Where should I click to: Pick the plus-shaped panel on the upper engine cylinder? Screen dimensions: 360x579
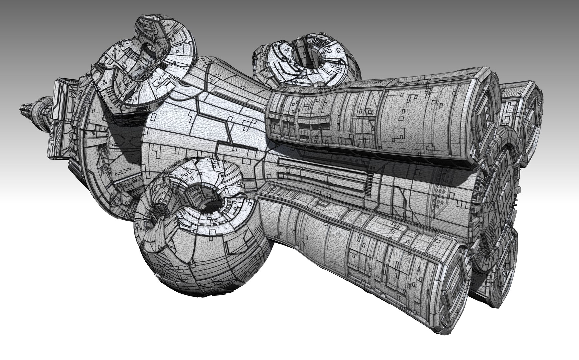(x=431, y=146)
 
